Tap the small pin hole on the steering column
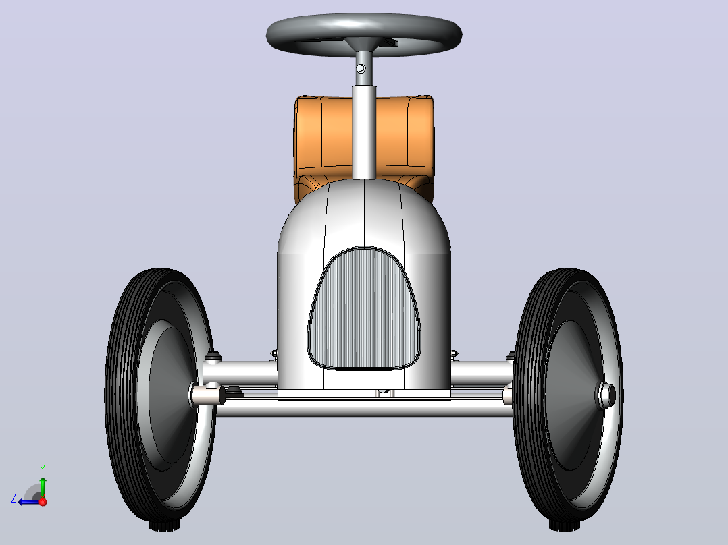point(361,69)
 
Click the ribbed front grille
point(363,308)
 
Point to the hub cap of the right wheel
point(606,395)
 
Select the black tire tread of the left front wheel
point(122,395)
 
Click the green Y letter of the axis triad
point(43,469)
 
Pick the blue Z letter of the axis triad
point(14,498)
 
